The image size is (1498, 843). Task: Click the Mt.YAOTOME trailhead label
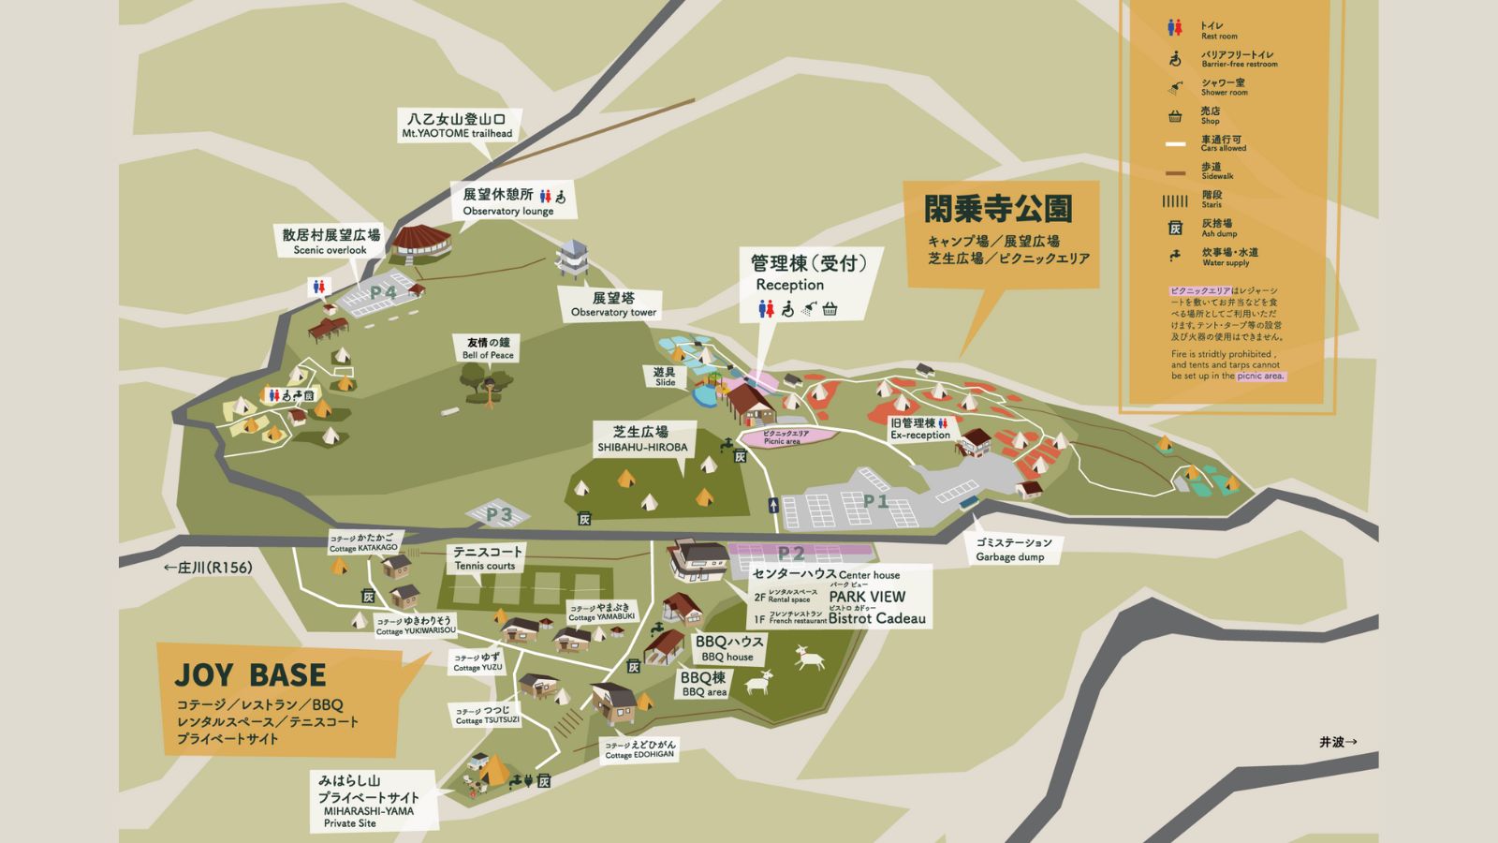[x=457, y=126]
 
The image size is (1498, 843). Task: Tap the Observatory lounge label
[x=508, y=201]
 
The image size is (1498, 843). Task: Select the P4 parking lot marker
[x=384, y=292]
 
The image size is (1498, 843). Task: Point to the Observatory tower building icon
[x=572, y=259]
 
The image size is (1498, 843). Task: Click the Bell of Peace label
[x=488, y=348]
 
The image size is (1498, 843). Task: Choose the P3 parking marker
[x=499, y=514]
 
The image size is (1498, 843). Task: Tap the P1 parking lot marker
[x=875, y=501]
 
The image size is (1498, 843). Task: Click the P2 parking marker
[x=791, y=554]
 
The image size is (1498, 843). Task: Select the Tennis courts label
[x=486, y=558]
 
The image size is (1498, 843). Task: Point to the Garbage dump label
[x=1013, y=550]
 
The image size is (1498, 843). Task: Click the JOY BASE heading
[x=250, y=675]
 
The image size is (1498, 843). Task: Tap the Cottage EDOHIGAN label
[x=640, y=749]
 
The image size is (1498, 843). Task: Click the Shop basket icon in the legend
[x=1175, y=116]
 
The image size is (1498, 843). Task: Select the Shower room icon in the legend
[x=1175, y=88]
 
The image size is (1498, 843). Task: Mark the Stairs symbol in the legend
[x=1175, y=200]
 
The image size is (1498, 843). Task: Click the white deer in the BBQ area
[x=809, y=659]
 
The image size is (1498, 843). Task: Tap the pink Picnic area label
[x=786, y=436]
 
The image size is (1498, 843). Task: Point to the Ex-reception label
[x=920, y=429]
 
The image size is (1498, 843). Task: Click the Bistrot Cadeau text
[x=876, y=618]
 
